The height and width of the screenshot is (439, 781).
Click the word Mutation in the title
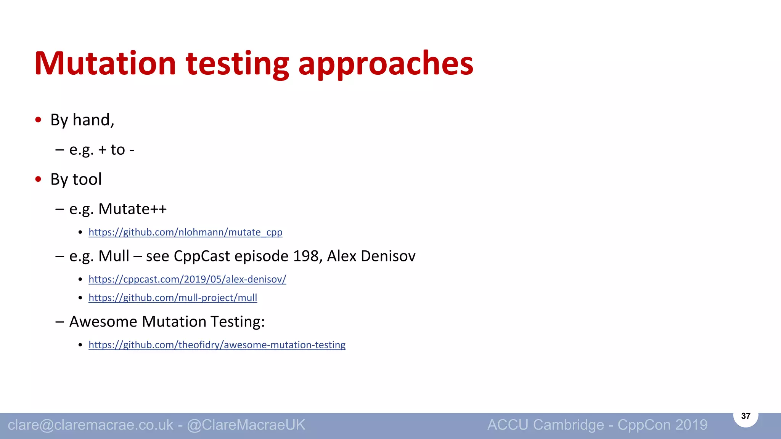click(105, 63)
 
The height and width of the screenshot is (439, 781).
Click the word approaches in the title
click(386, 63)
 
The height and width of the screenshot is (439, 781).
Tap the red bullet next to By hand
click(38, 120)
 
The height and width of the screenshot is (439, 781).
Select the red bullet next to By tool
click(38, 179)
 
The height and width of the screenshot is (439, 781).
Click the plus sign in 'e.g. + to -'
click(102, 150)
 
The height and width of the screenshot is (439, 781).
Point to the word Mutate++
click(132, 209)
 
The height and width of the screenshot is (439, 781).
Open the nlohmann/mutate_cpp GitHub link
click(185, 232)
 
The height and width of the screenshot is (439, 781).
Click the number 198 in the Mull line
click(306, 256)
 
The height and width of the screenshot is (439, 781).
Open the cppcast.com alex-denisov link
click(187, 279)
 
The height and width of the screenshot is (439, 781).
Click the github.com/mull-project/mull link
click(173, 298)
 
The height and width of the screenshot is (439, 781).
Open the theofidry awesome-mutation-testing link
click(217, 345)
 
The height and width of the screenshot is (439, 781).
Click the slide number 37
click(746, 416)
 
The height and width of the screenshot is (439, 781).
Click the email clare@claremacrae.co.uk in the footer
click(90, 425)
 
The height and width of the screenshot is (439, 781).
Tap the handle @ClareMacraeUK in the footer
click(246, 425)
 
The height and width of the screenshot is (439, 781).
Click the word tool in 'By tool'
click(87, 179)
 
